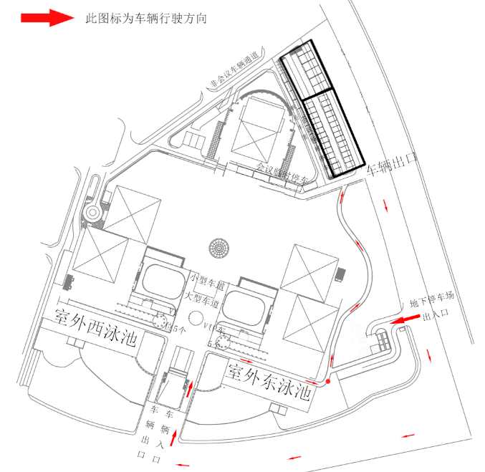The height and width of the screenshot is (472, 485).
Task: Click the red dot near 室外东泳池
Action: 328,381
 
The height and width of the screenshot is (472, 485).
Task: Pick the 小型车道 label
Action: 207,276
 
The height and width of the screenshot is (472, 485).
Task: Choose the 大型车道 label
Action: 200,295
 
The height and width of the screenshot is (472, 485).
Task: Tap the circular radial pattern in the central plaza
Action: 219,248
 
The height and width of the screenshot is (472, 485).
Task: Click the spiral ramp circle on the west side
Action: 93,213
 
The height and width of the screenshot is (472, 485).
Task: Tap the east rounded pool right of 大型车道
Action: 244,307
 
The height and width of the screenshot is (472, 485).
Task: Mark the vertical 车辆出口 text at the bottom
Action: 153,433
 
